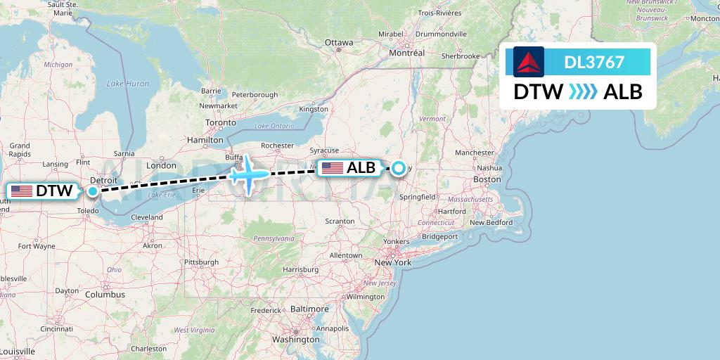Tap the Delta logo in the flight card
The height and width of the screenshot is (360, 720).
529,62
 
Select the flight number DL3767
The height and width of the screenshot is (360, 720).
594,62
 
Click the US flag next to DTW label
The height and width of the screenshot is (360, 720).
22,191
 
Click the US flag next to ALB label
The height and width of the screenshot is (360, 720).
332,167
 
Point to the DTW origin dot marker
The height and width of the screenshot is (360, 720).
92,191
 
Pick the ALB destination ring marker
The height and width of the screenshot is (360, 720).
399,168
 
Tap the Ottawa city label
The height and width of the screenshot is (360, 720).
339,43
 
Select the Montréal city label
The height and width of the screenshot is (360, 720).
407,53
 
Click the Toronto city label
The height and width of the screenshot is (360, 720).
221,122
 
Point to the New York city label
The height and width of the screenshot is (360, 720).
392,262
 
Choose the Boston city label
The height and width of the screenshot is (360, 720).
487,180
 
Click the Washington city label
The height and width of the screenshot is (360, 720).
296,340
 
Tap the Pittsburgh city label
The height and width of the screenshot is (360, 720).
201,262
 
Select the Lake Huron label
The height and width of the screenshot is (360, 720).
127,84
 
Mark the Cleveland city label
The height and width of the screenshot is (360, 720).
146,217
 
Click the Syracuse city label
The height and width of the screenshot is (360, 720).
324,150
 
